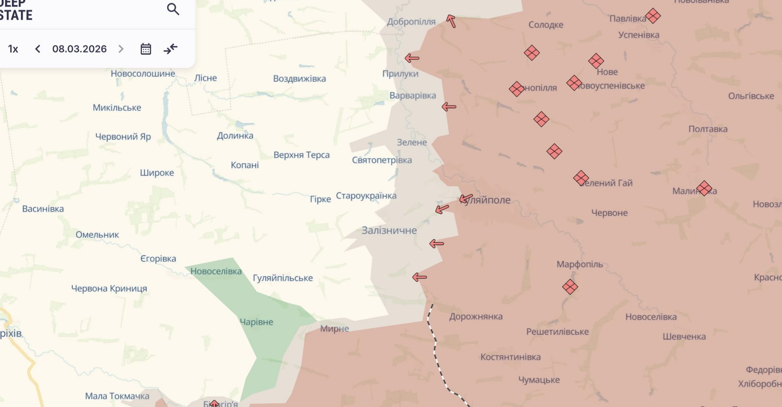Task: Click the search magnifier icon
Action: [173, 9]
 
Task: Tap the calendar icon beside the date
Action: [146, 49]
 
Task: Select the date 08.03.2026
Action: [80, 49]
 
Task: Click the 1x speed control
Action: [13, 49]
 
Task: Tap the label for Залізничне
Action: [389, 230]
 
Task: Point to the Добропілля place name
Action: [411, 22]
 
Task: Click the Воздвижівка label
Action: [299, 79]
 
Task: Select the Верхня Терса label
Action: [301, 155]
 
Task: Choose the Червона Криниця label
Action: [109, 289]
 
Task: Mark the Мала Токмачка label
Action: [117, 396]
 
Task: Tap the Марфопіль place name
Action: [579, 264]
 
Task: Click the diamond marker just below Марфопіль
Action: [570, 286]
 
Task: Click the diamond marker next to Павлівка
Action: [653, 16]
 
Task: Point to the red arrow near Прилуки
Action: [412, 58]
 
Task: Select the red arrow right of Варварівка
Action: [449, 106]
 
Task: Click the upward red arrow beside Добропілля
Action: [451, 21]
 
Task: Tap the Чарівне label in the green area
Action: [256, 322]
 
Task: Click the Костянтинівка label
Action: [510, 357]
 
